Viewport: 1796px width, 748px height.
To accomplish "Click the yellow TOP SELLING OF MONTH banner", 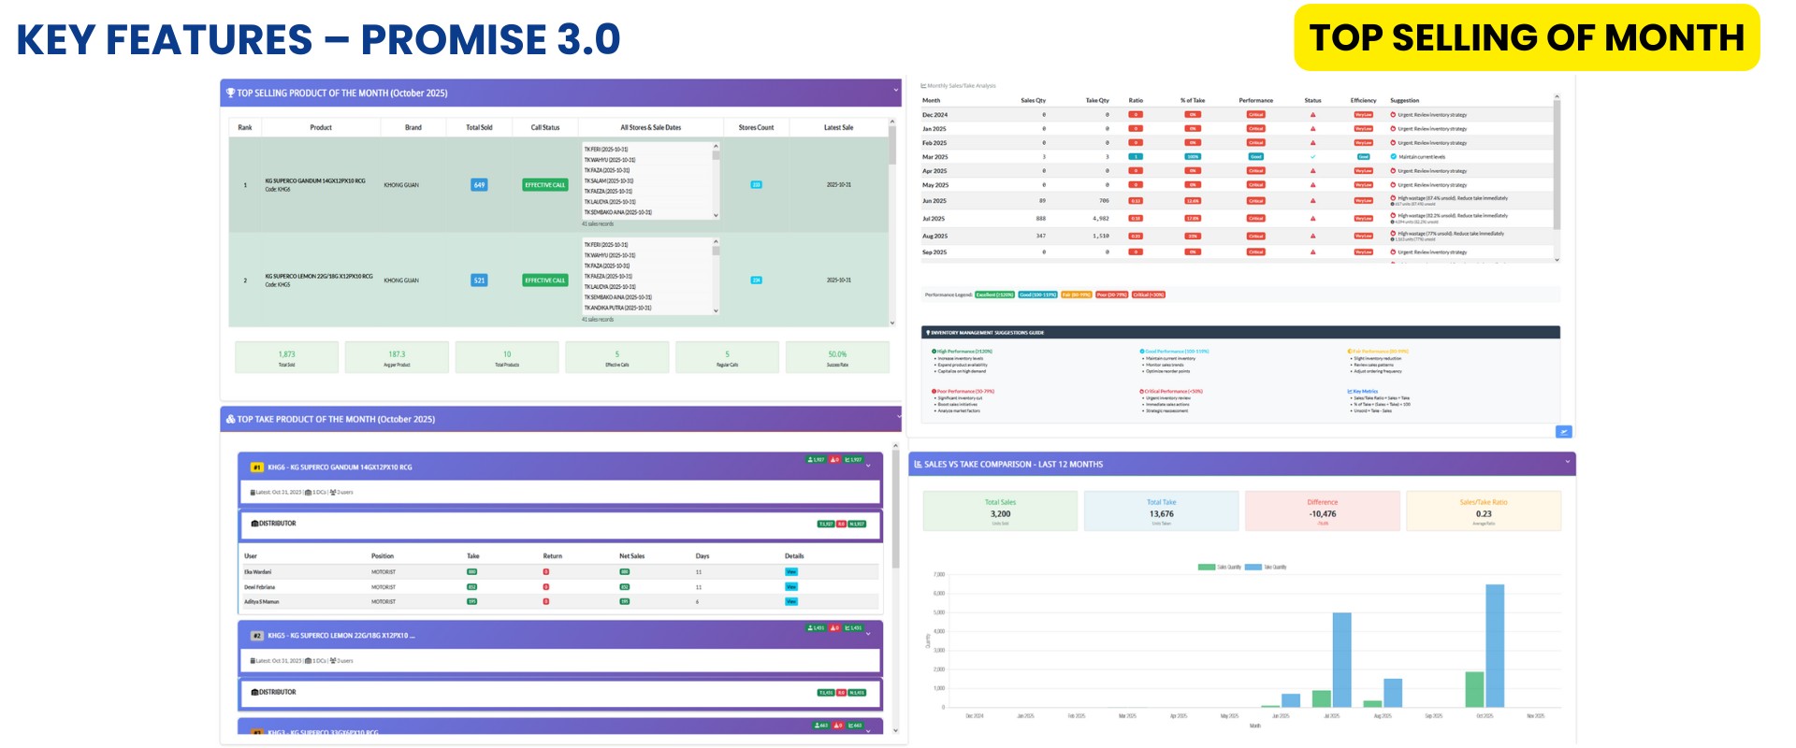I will (1527, 37).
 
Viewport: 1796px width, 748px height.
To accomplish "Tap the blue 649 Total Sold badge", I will (479, 185).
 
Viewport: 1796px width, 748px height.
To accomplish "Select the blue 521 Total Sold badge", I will (479, 280).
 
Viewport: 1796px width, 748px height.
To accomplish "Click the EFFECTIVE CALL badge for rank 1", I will (545, 185).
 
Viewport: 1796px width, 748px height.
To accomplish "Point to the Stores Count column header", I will (756, 127).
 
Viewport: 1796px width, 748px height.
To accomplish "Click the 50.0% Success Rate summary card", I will (837, 357).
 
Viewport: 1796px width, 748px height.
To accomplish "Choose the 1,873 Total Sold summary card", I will (286, 357).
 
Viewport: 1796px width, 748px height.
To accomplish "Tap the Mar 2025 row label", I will (934, 157).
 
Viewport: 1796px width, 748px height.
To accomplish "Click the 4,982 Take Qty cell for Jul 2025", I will (1100, 219).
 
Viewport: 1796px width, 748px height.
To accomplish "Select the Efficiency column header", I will (1363, 100).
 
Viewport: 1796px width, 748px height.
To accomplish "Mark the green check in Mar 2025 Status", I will (1312, 157).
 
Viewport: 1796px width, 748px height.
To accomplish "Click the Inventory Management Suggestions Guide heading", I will (987, 332).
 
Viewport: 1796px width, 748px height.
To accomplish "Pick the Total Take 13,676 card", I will (1161, 511).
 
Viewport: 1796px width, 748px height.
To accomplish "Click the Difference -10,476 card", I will (1323, 511).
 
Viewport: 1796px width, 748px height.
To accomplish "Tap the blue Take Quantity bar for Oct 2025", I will (1495, 645).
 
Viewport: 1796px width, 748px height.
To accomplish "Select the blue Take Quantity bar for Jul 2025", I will (1341, 659).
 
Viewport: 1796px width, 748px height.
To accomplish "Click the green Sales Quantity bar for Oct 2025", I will (1474, 689).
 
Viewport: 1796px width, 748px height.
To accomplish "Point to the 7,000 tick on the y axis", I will (939, 574).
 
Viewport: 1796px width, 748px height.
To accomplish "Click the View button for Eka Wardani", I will (791, 571).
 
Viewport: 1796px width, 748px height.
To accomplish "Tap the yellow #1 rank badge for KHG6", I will (256, 467).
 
